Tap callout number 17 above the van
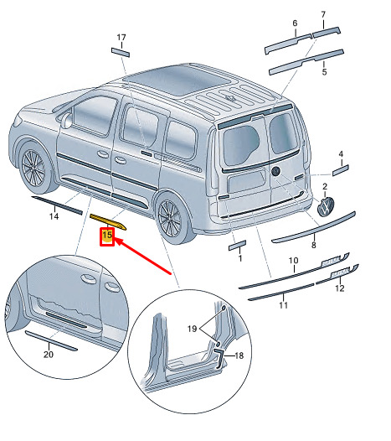[x=121, y=38]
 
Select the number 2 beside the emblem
[x=325, y=186]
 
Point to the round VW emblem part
[x=326, y=206]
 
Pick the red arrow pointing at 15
[x=143, y=256]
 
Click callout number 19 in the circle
[x=192, y=329]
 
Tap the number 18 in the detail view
[x=239, y=355]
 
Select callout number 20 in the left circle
[x=49, y=355]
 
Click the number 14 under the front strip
[x=54, y=216]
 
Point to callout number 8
[x=314, y=246]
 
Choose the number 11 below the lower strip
[x=284, y=305]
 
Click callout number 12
[x=340, y=288]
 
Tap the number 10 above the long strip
[x=293, y=261]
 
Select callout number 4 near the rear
[x=341, y=154]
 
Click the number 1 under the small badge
[x=240, y=258]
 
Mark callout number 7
[x=323, y=14]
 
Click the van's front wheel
[x=33, y=168]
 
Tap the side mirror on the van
[x=67, y=121]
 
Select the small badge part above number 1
[x=237, y=245]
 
